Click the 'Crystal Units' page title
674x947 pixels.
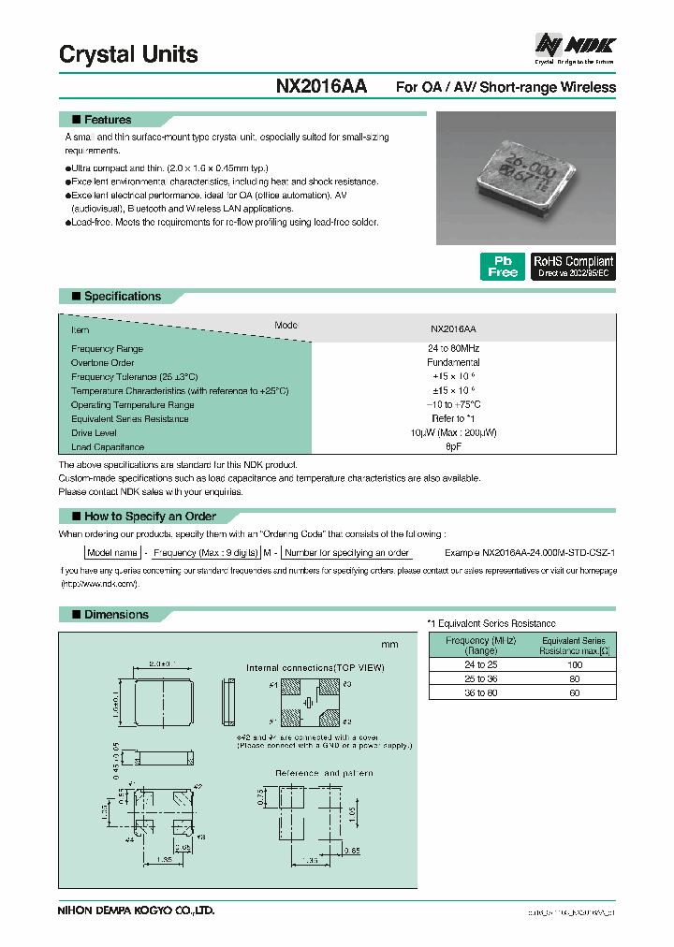tap(128, 54)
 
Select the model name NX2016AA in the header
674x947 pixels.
tap(321, 87)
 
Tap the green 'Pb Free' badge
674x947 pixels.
tap(503, 267)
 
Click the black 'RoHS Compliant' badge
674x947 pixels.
tap(573, 267)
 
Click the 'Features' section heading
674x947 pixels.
tap(108, 120)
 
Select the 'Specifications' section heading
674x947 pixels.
tap(122, 297)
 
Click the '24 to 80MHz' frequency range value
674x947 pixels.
tap(453, 348)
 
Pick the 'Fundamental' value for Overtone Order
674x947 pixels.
tap(453, 362)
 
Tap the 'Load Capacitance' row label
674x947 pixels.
tap(108, 447)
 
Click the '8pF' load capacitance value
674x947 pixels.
tap(453, 447)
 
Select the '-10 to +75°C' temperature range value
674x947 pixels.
tap(453, 404)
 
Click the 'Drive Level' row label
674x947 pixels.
tap(95, 433)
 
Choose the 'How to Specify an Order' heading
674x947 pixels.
tap(150, 517)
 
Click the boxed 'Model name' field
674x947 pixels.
tap(112, 553)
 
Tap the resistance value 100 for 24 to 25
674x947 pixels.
tap(574, 663)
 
